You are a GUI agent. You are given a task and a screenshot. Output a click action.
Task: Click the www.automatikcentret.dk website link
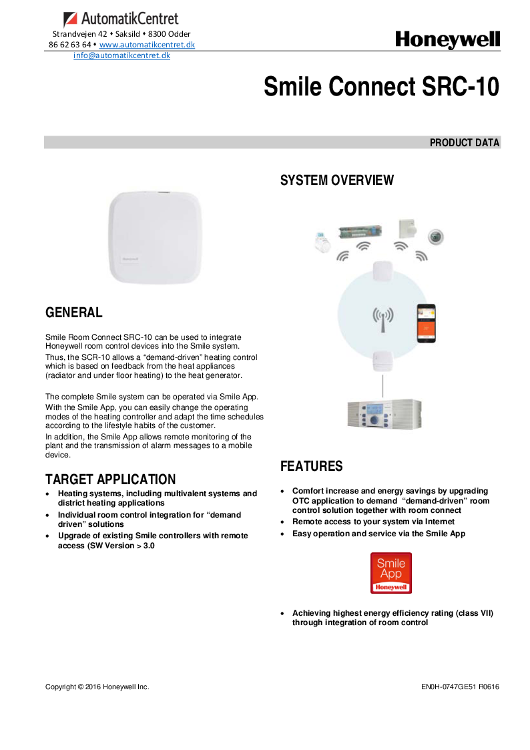pyautogui.click(x=147, y=45)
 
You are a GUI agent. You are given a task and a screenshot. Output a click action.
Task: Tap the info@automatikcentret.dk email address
pyautogui.click(x=121, y=55)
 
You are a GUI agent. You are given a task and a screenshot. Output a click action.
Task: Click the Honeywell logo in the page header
pyautogui.click(x=447, y=40)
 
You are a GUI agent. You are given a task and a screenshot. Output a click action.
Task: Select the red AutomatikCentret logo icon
pyautogui.click(x=71, y=19)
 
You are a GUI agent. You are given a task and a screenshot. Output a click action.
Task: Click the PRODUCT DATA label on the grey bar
pyautogui.click(x=464, y=143)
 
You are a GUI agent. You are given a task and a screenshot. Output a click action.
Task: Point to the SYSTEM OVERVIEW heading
pyautogui.click(x=337, y=180)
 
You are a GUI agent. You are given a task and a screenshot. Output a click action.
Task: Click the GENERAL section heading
pyautogui.click(x=73, y=313)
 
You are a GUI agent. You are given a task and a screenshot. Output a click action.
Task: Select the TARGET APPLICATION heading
pyautogui.click(x=111, y=480)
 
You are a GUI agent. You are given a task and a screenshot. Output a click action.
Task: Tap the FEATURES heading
pyautogui.click(x=311, y=466)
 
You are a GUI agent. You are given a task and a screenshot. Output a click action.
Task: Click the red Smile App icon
pyautogui.click(x=391, y=572)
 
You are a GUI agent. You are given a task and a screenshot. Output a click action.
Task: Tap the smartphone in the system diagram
pyautogui.click(x=426, y=323)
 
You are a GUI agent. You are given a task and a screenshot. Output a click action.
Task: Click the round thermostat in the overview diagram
pyautogui.click(x=436, y=236)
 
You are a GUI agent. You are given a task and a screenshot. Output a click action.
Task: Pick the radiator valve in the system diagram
pyautogui.click(x=323, y=242)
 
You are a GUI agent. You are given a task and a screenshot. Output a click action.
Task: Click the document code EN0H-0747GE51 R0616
pyautogui.click(x=460, y=687)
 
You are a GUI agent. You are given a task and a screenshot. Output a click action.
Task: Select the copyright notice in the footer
pyautogui.click(x=97, y=687)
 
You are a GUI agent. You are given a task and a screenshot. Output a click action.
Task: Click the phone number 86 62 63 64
pyautogui.click(x=69, y=45)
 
